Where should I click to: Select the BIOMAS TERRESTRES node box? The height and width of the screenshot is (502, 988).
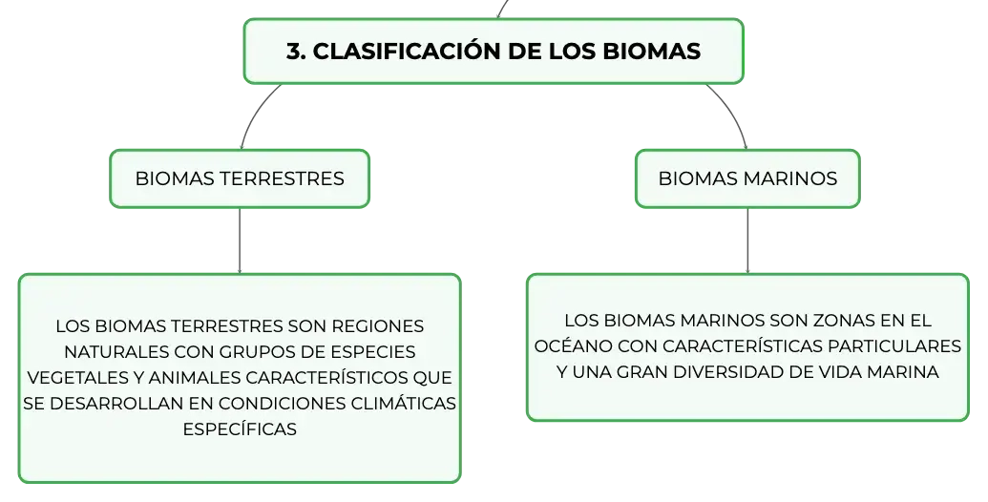pyautogui.click(x=240, y=178)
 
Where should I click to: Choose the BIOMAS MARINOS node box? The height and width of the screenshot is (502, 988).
pyautogui.click(x=748, y=178)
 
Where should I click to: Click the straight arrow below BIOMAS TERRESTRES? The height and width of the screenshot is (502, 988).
pyautogui.click(x=240, y=241)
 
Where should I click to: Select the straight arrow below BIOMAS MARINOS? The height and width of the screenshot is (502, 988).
pyautogui.click(x=748, y=241)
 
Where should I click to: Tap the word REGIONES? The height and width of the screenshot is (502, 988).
pyautogui.click(x=377, y=326)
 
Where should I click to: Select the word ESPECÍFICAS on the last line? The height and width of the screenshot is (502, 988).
pyautogui.click(x=240, y=429)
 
